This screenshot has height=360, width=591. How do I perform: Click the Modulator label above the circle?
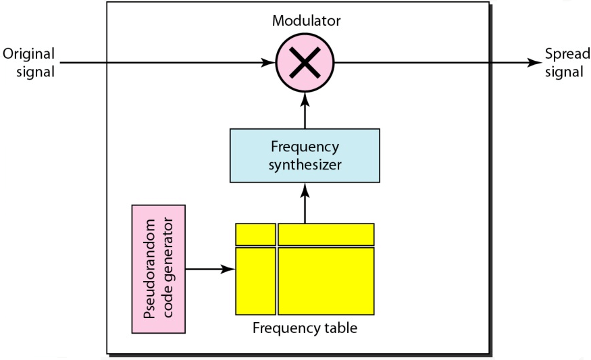point(306,20)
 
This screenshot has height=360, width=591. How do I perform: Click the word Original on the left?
point(28,54)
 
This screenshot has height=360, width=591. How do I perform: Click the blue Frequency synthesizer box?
point(305,156)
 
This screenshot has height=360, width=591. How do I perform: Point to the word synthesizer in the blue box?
point(305,164)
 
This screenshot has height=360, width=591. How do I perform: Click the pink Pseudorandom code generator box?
point(159,269)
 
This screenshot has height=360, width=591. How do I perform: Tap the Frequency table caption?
point(305,329)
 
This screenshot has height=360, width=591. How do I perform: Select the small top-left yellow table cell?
point(255,234)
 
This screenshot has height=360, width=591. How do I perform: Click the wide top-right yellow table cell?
point(326,234)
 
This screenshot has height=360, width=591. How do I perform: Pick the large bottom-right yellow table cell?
point(326,281)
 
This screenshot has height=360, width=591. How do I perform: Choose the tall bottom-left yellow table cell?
point(255,281)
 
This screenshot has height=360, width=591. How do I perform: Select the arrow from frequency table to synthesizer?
point(305,203)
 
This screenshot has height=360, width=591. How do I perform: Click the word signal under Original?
point(38,71)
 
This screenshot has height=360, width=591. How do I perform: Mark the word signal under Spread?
point(564,71)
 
